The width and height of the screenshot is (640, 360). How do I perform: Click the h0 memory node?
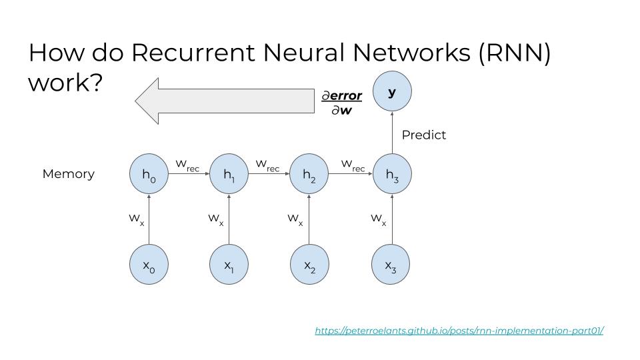click(x=149, y=174)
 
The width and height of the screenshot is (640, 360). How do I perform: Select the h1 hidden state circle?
click(x=229, y=174)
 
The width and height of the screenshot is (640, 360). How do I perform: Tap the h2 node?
click(x=309, y=174)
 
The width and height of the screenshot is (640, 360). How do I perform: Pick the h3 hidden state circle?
click(x=392, y=174)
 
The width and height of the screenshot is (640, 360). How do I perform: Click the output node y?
click(x=392, y=91)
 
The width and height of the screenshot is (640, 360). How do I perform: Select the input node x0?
click(x=149, y=265)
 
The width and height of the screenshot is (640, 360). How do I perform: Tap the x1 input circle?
click(x=229, y=265)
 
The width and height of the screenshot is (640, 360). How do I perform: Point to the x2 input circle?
click(x=309, y=265)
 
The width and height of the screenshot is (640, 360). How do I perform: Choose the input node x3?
click(x=391, y=265)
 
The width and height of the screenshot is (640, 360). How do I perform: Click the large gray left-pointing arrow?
click(x=225, y=101)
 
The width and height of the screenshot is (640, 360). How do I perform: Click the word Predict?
click(x=424, y=135)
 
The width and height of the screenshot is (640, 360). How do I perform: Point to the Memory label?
click(x=69, y=174)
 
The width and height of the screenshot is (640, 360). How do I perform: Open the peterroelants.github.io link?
click(x=459, y=330)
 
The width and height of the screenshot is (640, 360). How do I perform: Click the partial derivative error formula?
click(x=341, y=103)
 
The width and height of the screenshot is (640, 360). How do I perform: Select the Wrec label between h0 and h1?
click(x=187, y=165)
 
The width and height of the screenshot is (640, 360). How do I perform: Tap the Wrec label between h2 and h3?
click(x=353, y=165)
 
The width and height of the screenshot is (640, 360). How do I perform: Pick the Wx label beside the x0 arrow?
click(x=136, y=219)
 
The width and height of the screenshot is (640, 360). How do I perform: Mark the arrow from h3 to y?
click(x=392, y=133)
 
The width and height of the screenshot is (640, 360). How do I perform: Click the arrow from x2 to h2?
click(x=309, y=219)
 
